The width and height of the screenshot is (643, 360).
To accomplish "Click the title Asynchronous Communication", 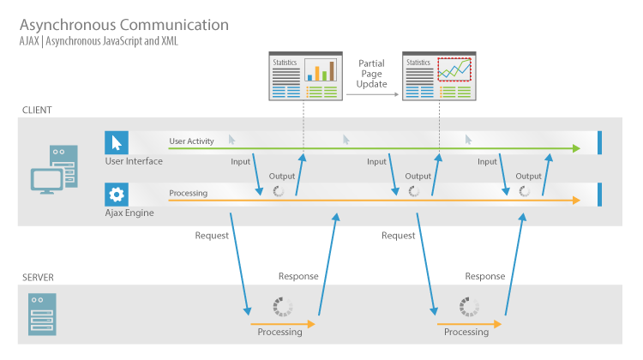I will [123, 25].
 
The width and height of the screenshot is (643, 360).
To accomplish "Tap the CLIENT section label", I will [38, 111].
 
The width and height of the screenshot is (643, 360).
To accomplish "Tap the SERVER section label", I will [39, 278].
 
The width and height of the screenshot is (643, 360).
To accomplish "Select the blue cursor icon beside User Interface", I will [116, 142].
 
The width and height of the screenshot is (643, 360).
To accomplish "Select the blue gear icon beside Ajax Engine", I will [116, 194].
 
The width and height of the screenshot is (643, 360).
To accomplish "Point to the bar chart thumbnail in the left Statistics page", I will [320, 69].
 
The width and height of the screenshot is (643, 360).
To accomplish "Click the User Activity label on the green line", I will [191, 141].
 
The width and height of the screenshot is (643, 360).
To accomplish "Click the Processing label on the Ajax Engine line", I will [188, 193].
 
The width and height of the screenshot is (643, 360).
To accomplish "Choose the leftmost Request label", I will [212, 235].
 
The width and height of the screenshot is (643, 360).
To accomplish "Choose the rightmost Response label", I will [484, 276].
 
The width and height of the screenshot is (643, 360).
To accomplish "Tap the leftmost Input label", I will [241, 161].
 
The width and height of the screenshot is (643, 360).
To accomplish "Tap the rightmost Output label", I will [528, 176].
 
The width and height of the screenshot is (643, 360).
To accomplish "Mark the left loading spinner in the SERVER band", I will [282, 306].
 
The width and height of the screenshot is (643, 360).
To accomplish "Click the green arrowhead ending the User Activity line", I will [575, 148].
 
